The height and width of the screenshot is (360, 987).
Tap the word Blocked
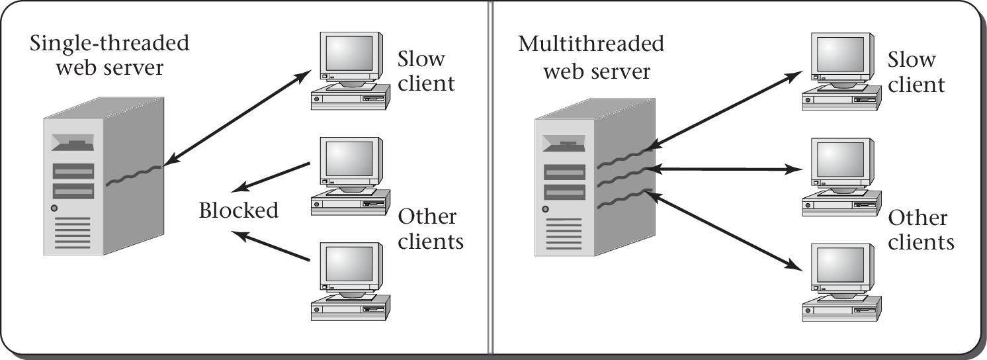pos(239,210)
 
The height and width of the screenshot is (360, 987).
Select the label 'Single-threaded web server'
pos(109,56)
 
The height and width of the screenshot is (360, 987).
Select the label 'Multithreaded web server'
pos(591,57)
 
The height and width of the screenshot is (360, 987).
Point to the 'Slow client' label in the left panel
pos(426,71)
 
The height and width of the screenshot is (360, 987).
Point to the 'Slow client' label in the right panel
pos(916,71)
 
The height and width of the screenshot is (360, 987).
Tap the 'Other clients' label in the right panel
pos(921,230)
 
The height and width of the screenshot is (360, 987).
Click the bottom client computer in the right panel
pos(841,281)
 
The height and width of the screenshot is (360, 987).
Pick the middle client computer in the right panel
pos(841,175)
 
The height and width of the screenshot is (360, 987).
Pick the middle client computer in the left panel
pos(349,175)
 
